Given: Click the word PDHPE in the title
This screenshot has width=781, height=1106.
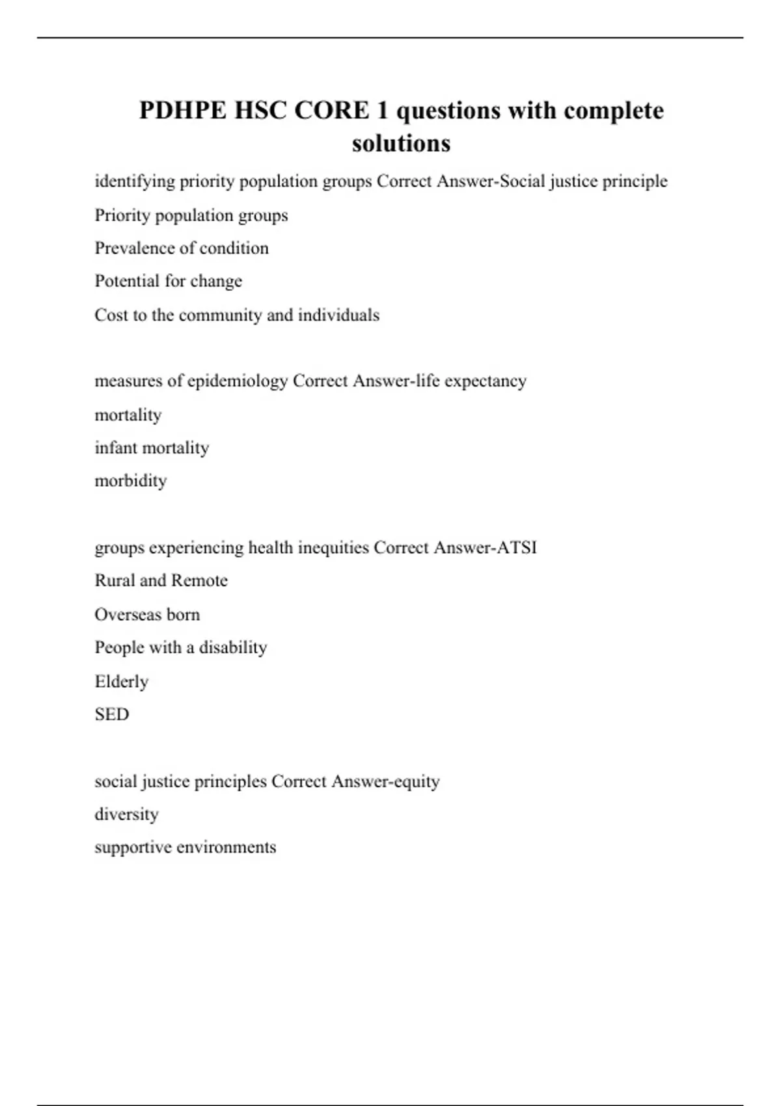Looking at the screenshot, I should (x=182, y=111).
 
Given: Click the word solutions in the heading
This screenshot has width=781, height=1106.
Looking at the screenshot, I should (x=401, y=143).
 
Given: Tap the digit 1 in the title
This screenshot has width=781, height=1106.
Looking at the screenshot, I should (x=382, y=111).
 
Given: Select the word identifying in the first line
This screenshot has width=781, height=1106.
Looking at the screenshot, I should (x=135, y=182).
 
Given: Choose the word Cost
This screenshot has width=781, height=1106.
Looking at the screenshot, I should (x=111, y=315).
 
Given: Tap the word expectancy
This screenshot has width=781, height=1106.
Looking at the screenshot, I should (x=485, y=381).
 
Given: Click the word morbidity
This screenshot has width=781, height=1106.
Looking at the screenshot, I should (x=131, y=481).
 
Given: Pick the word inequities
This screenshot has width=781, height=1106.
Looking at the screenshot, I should (x=333, y=548).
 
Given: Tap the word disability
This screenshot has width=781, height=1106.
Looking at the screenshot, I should (x=233, y=648).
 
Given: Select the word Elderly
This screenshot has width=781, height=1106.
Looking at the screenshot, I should (x=121, y=682).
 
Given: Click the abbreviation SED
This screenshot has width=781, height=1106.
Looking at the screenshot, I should (x=111, y=714).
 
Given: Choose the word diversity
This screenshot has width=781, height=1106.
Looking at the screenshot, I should (x=126, y=815).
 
